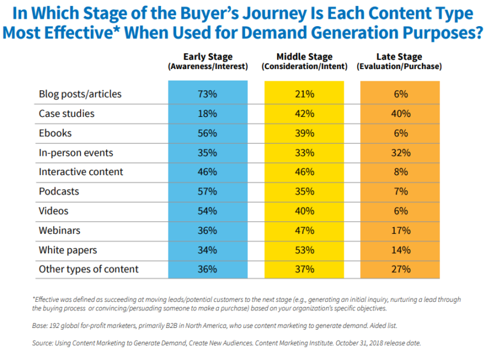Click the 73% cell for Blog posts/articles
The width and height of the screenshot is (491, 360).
click(x=208, y=94)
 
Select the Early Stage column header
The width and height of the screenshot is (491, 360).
click(x=208, y=61)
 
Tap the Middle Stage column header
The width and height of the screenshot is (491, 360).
click(x=304, y=61)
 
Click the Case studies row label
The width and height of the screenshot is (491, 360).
click(x=67, y=113)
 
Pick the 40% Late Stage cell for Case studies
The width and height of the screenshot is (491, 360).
click(x=401, y=113)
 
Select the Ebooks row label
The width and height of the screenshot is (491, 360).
click(x=55, y=133)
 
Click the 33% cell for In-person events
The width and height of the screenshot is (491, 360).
click(x=304, y=152)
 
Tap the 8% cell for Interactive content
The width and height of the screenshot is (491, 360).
click(x=401, y=172)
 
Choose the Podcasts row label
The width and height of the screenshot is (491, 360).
click(x=59, y=191)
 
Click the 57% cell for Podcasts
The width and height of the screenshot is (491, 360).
click(x=208, y=191)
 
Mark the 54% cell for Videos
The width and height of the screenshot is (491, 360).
click(x=208, y=210)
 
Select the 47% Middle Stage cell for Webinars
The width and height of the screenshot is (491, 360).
click(x=304, y=230)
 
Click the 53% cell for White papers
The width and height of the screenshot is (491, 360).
click(x=304, y=250)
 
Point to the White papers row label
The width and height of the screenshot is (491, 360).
click(x=67, y=250)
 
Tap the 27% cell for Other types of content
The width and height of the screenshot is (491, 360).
click(x=401, y=269)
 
